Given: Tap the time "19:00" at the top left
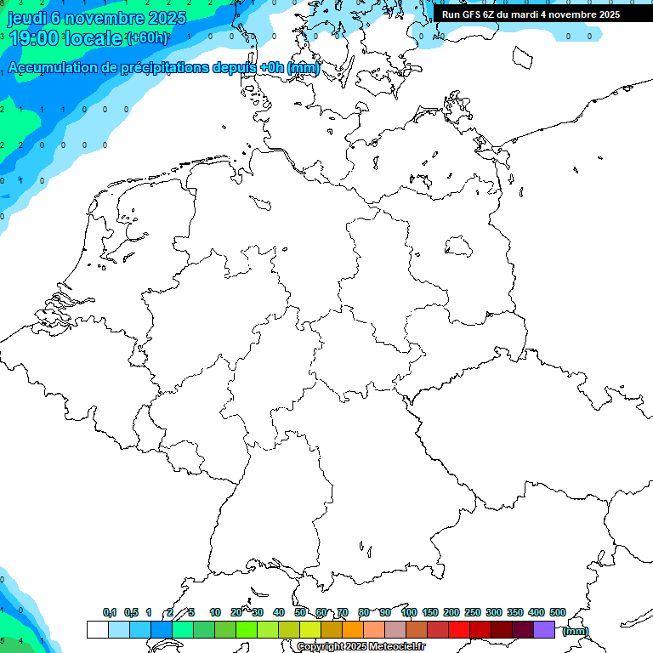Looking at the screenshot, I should click(x=35, y=38).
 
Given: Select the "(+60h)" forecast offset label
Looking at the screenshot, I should click(x=147, y=38).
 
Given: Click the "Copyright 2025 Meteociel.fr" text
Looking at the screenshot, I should click(x=361, y=647).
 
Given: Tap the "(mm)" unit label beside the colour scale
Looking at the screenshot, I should click(x=575, y=631).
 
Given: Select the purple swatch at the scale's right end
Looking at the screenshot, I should click(x=544, y=629).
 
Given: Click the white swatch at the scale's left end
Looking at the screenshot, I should click(x=97, y=629).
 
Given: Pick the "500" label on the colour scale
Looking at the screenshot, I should click(x=558, y=612).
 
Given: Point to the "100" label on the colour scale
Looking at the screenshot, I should click(x=408, y=612).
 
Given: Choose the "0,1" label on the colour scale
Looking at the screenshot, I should click(x=110, y=612).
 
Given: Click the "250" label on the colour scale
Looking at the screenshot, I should click(x=473, y=612).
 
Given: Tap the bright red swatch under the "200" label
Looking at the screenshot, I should click(x=458, y=629).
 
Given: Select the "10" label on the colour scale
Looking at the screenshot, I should click(x=215, y=612).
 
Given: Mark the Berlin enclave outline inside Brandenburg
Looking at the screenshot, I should click(x=459, y=247).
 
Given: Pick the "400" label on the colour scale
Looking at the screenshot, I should click(x=537, y=612).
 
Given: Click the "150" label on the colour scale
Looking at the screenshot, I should click(x=430, y=612).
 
